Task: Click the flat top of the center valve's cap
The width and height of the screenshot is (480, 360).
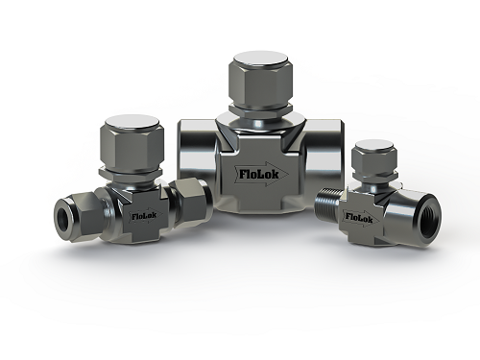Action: pos(260,60)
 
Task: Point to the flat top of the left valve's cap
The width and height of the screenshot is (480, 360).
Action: pos(132,123)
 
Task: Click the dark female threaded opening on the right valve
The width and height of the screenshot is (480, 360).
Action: pos(429,224)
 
